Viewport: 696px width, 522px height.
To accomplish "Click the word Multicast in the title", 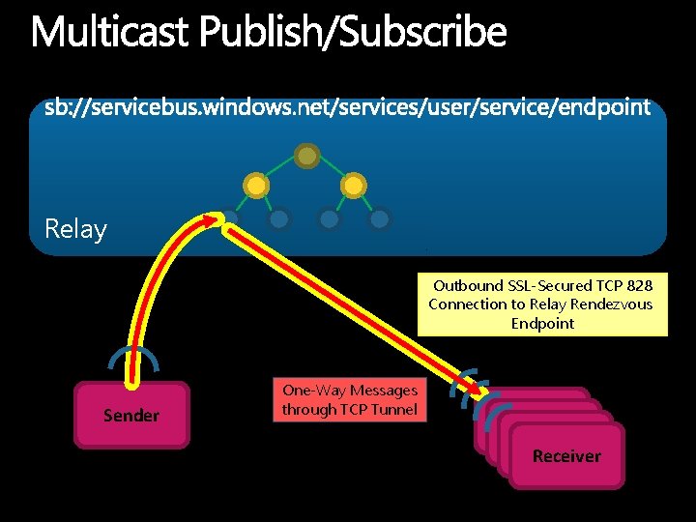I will pos(110,32).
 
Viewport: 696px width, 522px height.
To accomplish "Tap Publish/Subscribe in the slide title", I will pos(353,32).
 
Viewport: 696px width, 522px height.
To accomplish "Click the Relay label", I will pos(75,229).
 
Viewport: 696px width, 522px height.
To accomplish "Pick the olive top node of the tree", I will pos(306,155).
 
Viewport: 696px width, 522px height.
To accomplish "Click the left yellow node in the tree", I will pos(256,184).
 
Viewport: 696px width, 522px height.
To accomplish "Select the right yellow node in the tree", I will pos(355,184).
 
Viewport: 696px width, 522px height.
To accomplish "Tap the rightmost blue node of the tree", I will pos(380,218).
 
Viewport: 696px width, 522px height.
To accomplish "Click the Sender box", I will pos(131,416).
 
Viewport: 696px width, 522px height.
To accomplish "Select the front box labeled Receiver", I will pos(566,455).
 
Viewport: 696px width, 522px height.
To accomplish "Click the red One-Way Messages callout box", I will pos(349,400).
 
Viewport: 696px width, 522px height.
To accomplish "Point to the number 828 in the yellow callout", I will pos(638,285).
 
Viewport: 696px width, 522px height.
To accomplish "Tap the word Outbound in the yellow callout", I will pos(469,285).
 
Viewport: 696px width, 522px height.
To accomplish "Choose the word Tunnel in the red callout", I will pos(393,409).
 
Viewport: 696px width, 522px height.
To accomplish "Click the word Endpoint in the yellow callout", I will pos(542,323).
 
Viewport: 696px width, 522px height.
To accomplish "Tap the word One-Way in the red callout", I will pos(313,391).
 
